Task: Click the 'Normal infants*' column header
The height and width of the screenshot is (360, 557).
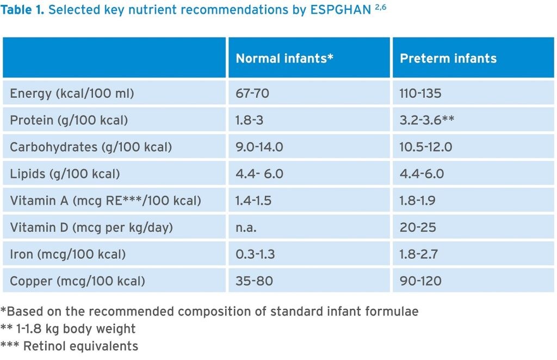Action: pos(284,58)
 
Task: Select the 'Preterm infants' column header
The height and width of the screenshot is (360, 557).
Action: pos(448,58)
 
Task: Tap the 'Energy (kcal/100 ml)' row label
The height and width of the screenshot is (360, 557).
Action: pos(72,94)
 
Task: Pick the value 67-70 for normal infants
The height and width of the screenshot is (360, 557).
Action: pos(252,94)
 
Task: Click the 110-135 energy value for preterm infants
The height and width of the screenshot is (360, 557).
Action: pos(420,94)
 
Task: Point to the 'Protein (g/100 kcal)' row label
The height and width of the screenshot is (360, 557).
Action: pos(69,120)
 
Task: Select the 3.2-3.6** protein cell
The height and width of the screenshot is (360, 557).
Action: pos(427,120)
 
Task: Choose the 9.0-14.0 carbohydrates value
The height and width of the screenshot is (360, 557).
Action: pos(259,147)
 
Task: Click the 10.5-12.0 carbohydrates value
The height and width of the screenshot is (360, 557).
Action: pos(426,147)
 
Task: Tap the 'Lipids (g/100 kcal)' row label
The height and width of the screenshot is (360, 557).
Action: pos(65,174)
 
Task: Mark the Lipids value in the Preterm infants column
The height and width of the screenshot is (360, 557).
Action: pos(422,174)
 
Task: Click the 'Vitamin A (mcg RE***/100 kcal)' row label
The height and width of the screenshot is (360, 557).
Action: pos(106,201)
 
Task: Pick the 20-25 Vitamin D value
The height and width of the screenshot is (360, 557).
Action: pos(418,227)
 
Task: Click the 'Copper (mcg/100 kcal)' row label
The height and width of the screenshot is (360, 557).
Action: pos(78,281)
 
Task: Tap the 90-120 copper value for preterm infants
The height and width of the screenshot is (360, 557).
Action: pos(420,281)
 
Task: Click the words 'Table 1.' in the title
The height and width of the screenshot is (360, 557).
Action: pos(23,11)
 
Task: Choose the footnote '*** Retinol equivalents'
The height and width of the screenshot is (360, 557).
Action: pos(69,345)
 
